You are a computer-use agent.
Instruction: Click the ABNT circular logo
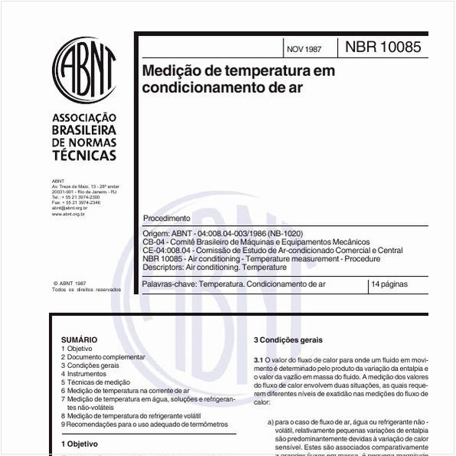84,71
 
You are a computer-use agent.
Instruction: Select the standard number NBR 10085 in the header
382,47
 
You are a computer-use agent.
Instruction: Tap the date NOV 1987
303,49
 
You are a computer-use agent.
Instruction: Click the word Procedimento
167,218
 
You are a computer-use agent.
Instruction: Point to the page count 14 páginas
390,284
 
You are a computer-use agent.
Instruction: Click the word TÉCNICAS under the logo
84,156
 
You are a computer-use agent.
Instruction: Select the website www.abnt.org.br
68,214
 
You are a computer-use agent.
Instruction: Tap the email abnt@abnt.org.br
69,208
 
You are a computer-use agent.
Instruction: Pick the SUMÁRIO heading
79,340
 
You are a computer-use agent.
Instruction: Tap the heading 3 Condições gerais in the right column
287,340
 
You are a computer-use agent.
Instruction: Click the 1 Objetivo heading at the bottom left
79,444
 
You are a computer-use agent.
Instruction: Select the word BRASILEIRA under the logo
84,130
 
